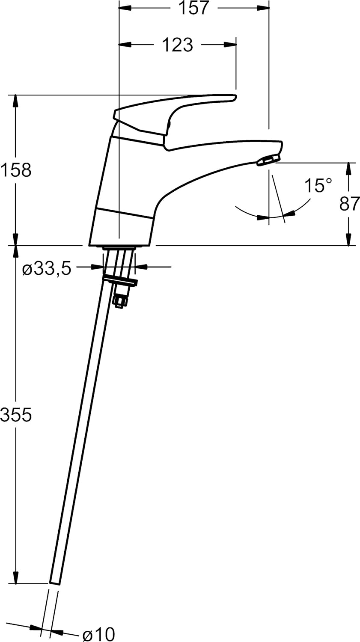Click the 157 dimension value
click(193, 8)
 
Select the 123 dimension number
click(177, 45)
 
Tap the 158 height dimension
click(16, 170)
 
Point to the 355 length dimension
click(16, 414)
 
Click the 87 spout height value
click(349, 204)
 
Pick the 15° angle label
click(318, 186)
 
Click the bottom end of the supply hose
click(55, 583)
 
